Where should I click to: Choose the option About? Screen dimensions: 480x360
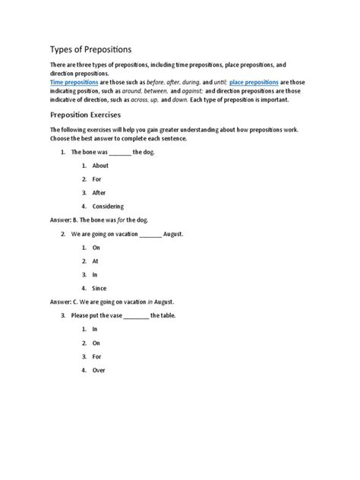(x=100, y=166)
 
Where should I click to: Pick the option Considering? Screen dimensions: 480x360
(x=107, y=206)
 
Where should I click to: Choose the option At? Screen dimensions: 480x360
(x=96, y=261)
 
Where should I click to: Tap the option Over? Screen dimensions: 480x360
(x=99, y=370)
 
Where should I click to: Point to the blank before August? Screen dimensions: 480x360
(x=150, y=235)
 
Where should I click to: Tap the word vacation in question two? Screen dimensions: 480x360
(x=122, y=234)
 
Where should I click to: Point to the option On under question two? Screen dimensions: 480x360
(x=96, y=248)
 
